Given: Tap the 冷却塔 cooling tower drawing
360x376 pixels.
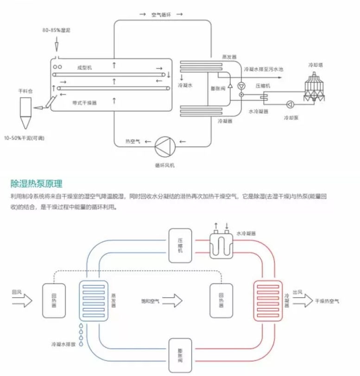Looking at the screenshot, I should click(x=317, y=86).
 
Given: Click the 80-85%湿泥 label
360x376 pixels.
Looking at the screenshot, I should click(x=56, y=30).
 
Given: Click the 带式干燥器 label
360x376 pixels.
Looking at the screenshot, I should click(x=85, y=103).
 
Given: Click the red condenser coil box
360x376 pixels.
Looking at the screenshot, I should click(x=268, y=300).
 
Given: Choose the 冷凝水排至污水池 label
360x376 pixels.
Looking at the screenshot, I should click(x=264, y=69).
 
